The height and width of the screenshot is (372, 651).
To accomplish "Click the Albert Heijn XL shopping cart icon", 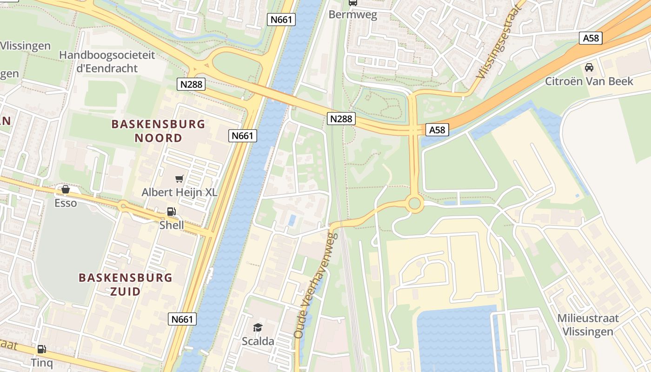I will [x=179, y=179].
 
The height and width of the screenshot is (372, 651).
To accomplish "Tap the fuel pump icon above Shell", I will [x=171, y=212].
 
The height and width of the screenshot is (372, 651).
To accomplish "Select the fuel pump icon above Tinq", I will [x=41, y=349].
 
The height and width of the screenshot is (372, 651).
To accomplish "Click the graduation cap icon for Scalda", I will [x=258, y=327].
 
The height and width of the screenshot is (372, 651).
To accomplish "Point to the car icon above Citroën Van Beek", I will [x=589, y=67].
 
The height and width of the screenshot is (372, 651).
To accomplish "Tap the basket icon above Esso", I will [x=66, y=189].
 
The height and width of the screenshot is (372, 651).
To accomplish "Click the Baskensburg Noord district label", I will [x=158, y=131].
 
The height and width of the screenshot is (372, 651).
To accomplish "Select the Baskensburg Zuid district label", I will [x=125, y=285].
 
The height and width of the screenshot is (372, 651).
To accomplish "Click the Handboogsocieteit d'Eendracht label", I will [x=107, y=62].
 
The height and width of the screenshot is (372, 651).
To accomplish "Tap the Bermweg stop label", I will [x=352, y=14].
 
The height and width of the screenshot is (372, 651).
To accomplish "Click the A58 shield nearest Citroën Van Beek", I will [x=591, y=38].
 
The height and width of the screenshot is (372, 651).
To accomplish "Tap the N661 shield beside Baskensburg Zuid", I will [x=182, y=319].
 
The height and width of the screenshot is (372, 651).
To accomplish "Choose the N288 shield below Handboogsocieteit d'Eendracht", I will [x=191, y=84].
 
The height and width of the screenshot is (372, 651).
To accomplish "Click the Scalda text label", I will [x=258, y=341].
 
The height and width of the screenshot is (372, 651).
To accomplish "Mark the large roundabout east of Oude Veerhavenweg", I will [x=414, y=204].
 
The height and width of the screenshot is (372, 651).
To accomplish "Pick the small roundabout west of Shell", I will [x=124, y=206].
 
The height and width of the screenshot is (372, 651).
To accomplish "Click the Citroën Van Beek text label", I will [x=589, y=81].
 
